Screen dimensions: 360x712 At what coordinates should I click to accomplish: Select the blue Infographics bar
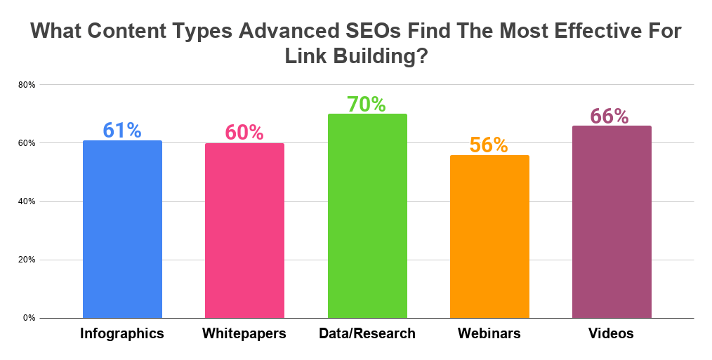pos(122,229)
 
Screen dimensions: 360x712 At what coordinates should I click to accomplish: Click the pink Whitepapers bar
pos(244,231)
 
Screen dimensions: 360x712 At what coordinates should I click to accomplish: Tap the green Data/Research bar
pos(367,216)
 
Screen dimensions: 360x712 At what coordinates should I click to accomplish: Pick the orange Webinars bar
pos(489,236)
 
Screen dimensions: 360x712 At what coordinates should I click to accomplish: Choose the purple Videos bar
pos(612,222)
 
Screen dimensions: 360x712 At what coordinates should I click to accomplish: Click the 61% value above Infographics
pos(122,130)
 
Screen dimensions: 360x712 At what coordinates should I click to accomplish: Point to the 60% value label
pos(244,132)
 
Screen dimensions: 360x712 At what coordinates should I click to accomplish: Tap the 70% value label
pos(367,104)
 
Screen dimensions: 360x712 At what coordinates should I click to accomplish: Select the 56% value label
pos(489,145)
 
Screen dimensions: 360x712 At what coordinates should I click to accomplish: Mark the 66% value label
pos(609,116)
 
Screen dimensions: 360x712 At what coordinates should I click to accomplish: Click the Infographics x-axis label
pos(122,334)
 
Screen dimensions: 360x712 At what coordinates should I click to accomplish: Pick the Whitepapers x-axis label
pos(244,334)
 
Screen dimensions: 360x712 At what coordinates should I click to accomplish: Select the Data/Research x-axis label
pos(367,334)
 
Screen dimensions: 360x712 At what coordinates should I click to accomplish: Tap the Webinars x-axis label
pos(489,334)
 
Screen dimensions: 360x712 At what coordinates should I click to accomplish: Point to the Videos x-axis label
pos(611,334)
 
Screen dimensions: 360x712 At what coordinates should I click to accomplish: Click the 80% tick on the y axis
pos(27,85)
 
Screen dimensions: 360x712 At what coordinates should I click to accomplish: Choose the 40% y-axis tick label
pos(27,201)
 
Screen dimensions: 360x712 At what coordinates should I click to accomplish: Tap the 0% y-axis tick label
pos(29,318)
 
